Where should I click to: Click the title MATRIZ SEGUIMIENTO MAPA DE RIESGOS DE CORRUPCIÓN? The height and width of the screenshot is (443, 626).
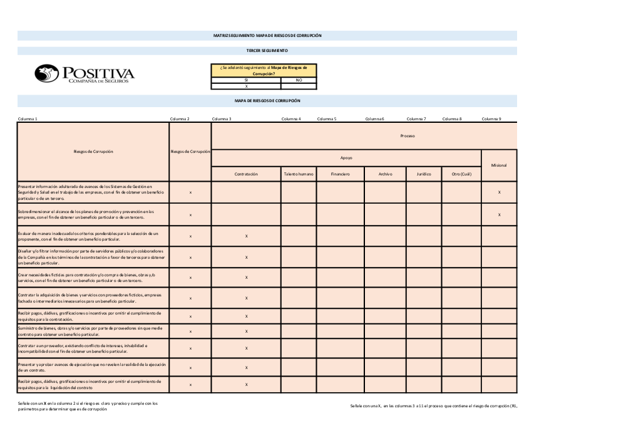tap(267, 36)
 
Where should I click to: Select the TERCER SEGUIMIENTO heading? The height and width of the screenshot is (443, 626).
tap(267, 50)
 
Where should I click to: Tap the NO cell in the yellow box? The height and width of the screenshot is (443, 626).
tap(299, 80)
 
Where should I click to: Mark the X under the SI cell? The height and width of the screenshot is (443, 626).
tap(246, 86)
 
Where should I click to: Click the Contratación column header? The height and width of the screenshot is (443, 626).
tap(246, 174)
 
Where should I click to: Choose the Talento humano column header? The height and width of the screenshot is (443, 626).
tap(299, 174)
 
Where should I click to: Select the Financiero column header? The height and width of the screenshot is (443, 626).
tap(340, 174)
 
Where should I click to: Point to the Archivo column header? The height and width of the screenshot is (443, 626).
tap(385, 174)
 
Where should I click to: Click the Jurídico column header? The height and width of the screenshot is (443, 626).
tap(424, 174)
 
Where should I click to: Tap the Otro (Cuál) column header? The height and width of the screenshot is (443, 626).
tap(461, 174)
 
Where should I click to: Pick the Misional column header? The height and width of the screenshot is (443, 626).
tap(499, 165)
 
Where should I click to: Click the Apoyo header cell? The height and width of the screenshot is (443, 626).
tap(346, 158)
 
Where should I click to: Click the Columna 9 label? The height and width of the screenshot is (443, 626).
tap(491, 118)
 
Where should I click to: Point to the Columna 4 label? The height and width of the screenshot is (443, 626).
tap(291, 118)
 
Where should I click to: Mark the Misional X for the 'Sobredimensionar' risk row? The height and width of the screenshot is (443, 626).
tap(499, 214)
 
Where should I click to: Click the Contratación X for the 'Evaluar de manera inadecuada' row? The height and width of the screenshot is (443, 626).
tap(246, 236)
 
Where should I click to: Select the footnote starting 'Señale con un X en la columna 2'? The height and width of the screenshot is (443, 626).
tap(88, 406)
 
